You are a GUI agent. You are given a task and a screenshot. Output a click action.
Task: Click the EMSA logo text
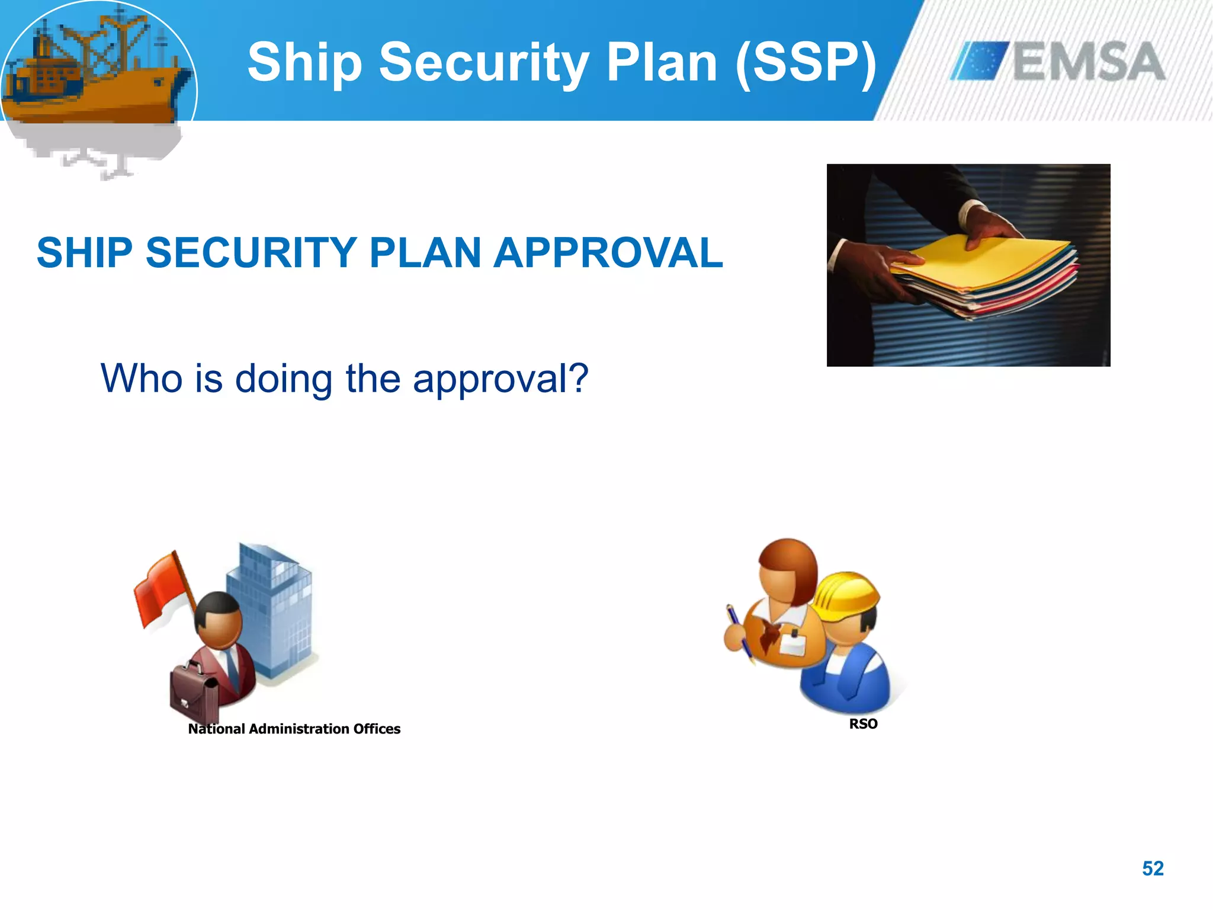tap(1089, 62)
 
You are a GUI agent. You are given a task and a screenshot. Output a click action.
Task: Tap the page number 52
tap(1153, 869)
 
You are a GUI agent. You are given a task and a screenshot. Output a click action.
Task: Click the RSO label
tap(863, 724)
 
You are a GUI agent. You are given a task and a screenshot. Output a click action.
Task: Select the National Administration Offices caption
tap(294, 729)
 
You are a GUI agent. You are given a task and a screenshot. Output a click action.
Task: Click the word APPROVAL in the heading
tap(608, 253)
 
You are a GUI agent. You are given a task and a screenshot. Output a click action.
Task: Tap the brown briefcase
tap(194, 693)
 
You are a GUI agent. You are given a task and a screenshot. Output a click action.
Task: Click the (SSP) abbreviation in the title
tap(806, 62)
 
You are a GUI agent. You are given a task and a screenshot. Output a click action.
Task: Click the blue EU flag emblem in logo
tap(979, 61)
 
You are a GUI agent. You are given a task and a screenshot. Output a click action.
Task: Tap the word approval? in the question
tap(500, 379)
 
